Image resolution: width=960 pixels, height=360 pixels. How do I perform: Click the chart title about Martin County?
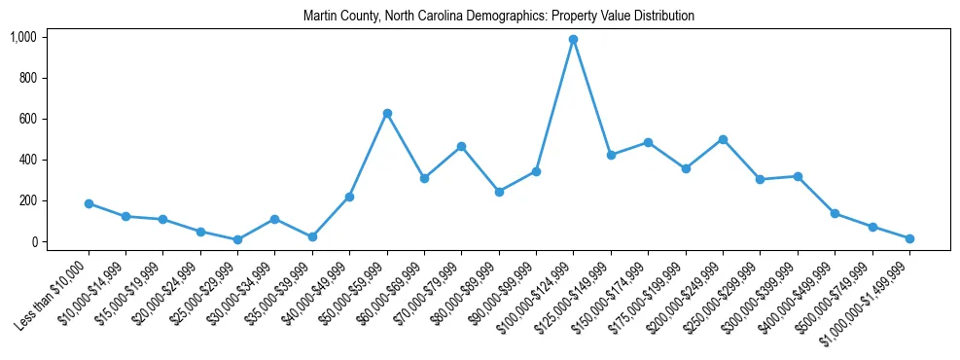pyautogui.click(x=498, y=17)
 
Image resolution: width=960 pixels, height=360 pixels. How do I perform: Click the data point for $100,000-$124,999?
pyautogui.click(x=574, y=40)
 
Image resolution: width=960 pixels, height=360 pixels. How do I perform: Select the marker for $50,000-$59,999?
pyautogui.click(x=387, y=114)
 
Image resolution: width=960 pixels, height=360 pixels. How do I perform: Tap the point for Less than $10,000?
pyautogui.click(x=89, y=204)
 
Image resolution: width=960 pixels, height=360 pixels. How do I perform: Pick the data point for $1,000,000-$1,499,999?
pyautogui.click(x=909, y=238)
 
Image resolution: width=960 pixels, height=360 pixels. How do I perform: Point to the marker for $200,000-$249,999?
pyautogui.click(x=723, y=139)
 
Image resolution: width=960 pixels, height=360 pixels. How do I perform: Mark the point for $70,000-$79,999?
pyautogui.click(x=462, y=147)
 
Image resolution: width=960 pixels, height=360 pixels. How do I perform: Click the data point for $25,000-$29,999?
pyautogui.click(x=238, y=239)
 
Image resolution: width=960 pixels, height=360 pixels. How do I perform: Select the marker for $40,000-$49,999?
pyautogui.click(x=350, y=197)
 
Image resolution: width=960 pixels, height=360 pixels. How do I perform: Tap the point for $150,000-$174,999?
pyautogui.click(x=648, y=142)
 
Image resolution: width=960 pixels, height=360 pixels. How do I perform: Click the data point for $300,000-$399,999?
pyautogui.click(x=798, y=176)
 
